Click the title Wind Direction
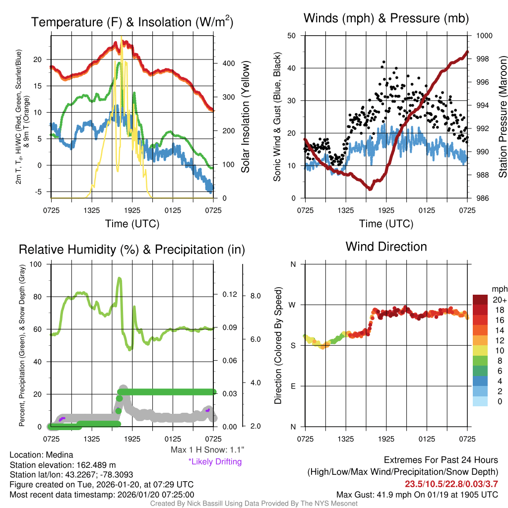click(x=386, y=247)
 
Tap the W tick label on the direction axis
click(x=293, y=305)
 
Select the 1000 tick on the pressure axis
click(x=484, y=36)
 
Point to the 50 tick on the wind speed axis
click(x=292, y=36)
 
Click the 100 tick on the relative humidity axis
click(x=37, y=264)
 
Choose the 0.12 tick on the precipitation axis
click(x=226, y=295)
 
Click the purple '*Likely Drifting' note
click(x=215, y=461)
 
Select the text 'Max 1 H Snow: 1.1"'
click(x=207, y=450)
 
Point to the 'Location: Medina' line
click(x=41, y=455)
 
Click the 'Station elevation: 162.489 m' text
click(x=63, y=465)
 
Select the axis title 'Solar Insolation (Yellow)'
click(x=245, y=117)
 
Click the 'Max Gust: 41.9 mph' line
click(x=417, y=494)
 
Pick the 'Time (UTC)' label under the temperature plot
click(x=132, y=224)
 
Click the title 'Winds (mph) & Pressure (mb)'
click(x=386, y=18)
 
